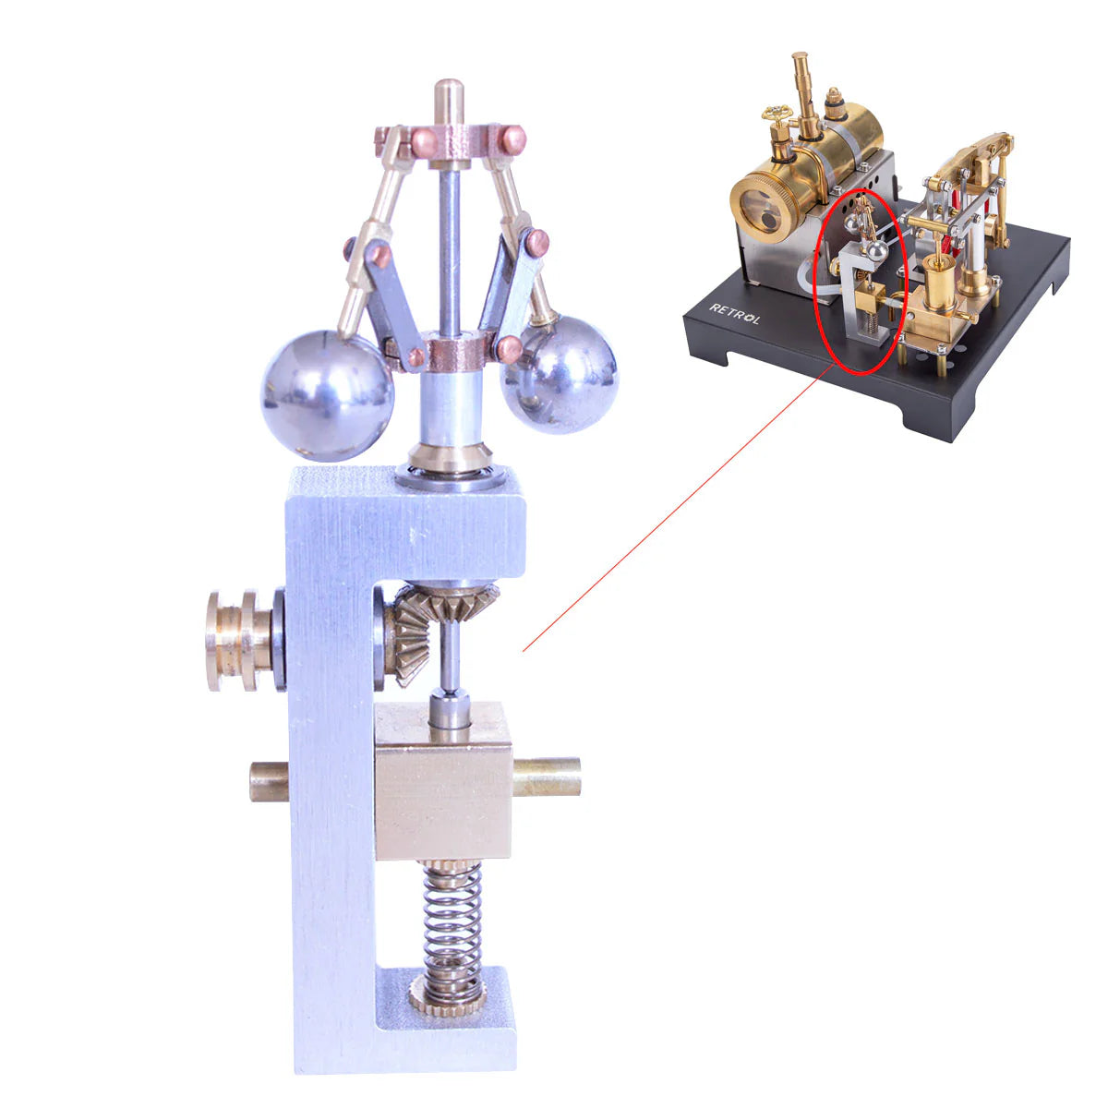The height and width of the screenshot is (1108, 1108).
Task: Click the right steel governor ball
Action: coord(560,374)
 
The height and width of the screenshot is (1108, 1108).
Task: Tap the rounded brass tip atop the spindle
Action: coord(450,95)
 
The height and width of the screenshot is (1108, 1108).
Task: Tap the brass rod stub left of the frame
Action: coord(269,781)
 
